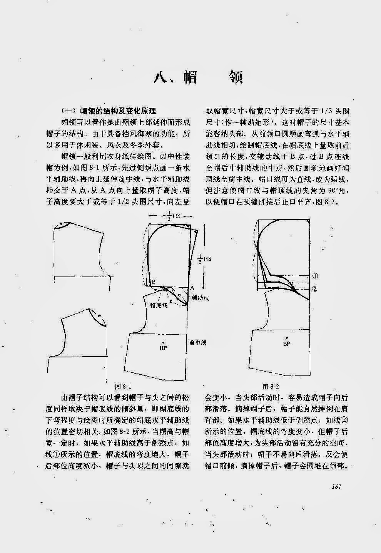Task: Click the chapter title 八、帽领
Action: point(198,77)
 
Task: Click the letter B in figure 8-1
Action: point(153,282)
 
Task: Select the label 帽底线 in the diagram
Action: point(159,305)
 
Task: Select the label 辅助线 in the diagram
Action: point(200,298)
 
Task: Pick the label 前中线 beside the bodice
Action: point(198,342)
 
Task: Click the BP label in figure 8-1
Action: point(163,347)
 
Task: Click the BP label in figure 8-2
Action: point(286,344)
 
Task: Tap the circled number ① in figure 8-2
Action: point(315,276)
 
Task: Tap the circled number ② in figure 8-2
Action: point(315,289)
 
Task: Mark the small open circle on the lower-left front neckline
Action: point(99,316)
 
